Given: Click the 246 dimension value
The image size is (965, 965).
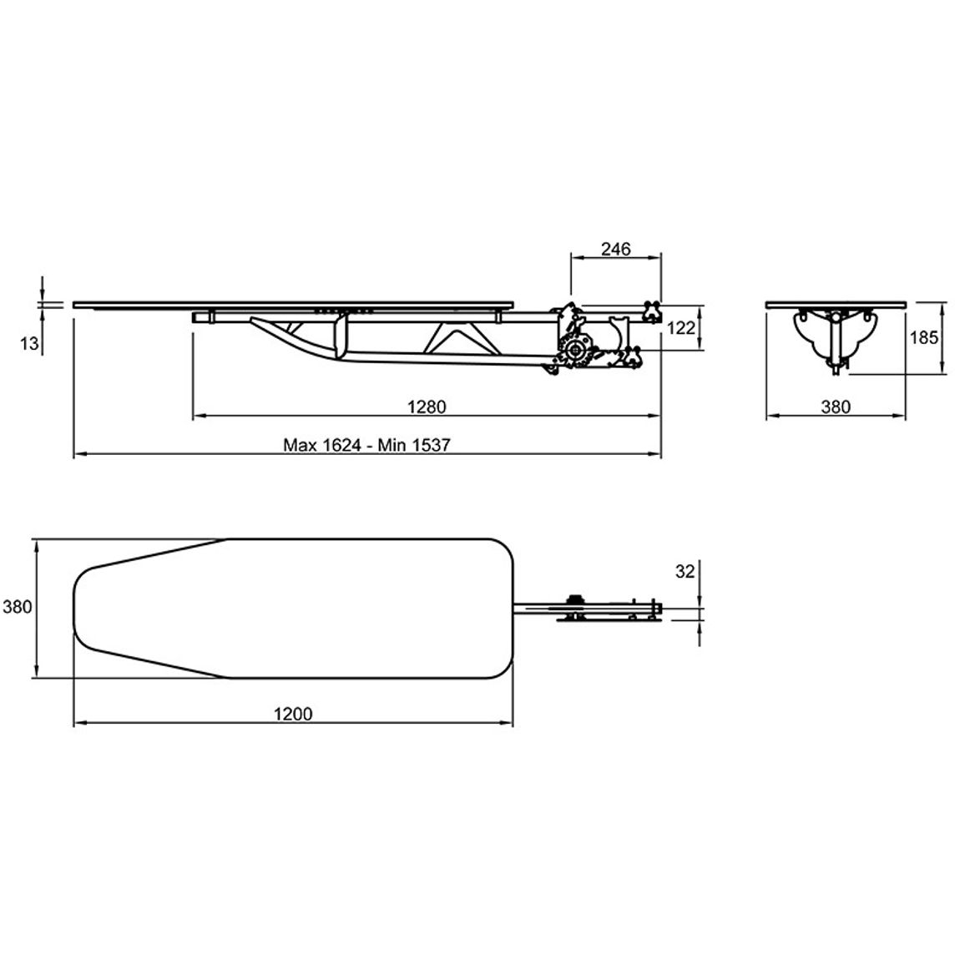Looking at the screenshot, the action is [616, 250].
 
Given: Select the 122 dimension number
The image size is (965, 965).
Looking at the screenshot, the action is [680, 329].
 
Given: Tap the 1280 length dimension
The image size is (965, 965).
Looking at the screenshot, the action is [427, 407].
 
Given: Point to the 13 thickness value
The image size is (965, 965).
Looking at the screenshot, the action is [29, 343].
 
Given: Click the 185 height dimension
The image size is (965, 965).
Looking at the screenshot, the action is [924, 338].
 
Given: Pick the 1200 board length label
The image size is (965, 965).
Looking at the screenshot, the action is [293, 714].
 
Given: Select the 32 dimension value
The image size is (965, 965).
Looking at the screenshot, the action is [685, 572].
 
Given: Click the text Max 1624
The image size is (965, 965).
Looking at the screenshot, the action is [322, 445].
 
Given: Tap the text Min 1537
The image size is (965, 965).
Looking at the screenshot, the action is [414, 445].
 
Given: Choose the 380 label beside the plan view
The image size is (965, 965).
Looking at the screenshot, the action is [18, 607].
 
